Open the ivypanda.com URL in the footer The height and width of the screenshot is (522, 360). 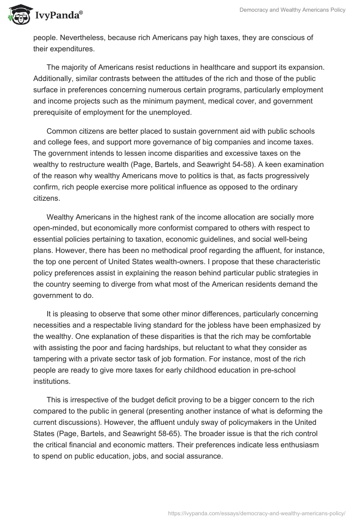(x=256, y=513)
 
